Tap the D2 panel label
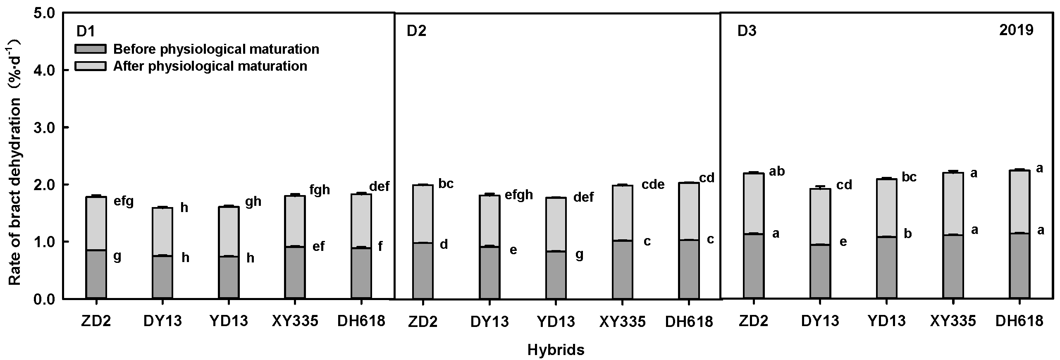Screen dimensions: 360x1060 coord(416,32)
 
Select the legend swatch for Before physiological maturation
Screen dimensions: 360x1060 coord(90,50)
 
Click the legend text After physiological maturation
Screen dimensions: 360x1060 coord(210,66)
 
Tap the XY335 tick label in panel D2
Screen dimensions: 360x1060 coord(622,322)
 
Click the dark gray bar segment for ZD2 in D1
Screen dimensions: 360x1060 coord(96,274)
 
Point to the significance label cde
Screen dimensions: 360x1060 coord(653,184)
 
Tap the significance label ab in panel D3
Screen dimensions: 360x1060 coord(776,171)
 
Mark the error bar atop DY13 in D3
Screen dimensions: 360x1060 coord(820,187)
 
